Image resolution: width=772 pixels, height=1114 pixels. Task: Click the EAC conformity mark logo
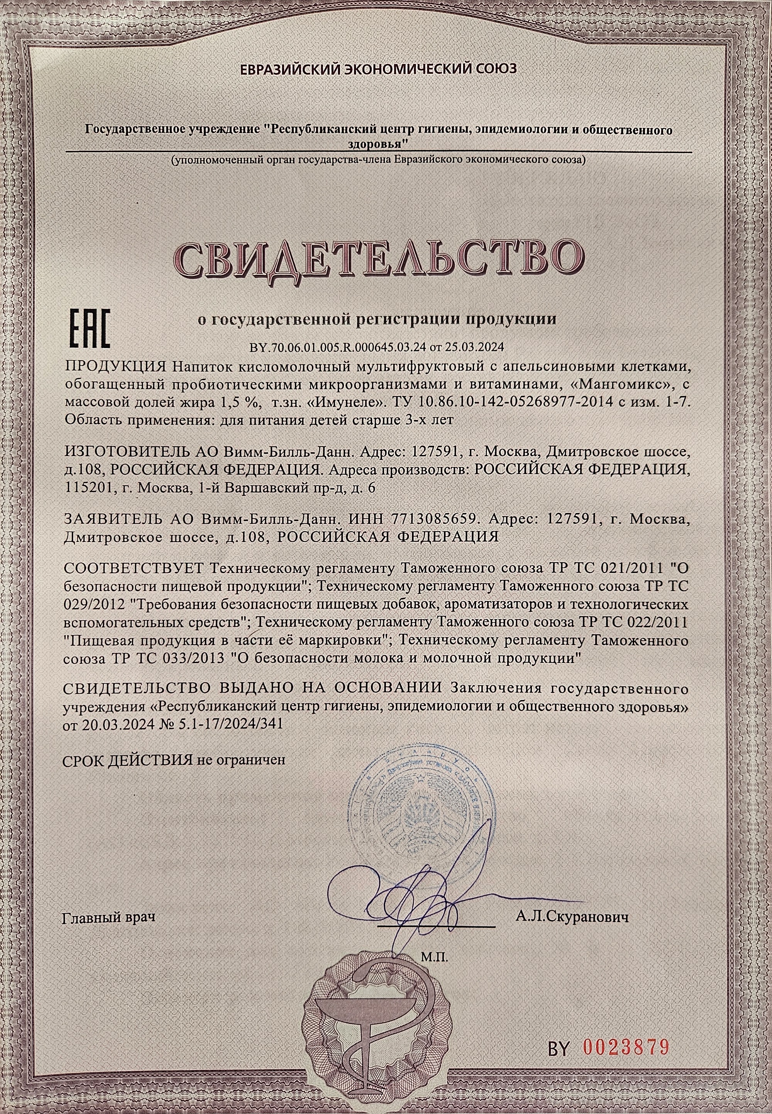coord(90,328)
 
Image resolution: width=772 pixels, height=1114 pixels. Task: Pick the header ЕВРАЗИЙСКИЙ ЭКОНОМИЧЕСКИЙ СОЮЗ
coord(379,69)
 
